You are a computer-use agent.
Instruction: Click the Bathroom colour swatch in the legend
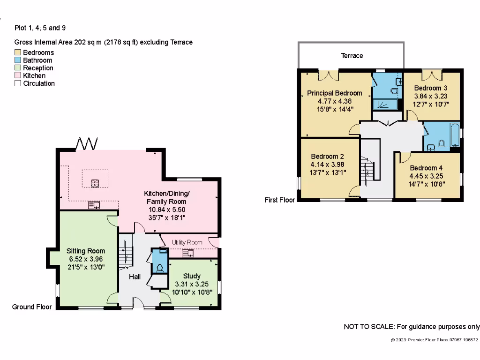point(18,60)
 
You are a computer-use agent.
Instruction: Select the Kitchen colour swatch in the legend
point(18,75)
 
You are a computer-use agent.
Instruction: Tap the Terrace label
point(352,56)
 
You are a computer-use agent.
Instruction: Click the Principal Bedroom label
point(334,93)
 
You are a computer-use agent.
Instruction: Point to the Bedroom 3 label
point(430,88)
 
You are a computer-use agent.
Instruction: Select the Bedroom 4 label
point(426,168)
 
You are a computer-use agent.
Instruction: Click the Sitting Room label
point(85,251)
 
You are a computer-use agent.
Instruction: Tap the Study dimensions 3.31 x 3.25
point(191,284)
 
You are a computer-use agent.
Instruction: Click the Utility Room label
point(187,242)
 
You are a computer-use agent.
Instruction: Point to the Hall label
point(135,277)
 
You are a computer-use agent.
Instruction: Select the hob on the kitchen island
point(95,183)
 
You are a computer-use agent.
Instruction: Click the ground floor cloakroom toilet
point(160,268)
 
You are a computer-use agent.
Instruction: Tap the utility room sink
point(191,254)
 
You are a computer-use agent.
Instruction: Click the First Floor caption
point(280,200)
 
